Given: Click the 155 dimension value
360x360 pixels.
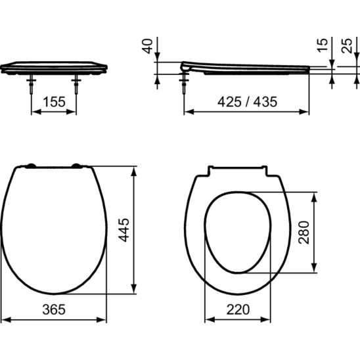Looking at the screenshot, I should click(x=54, y=102).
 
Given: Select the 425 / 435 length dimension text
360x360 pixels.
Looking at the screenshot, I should click(x=246, y=102).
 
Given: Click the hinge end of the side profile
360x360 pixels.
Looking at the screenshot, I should click(x=186, y=66).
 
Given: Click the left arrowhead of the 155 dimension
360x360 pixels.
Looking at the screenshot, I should click(x=34, y=112).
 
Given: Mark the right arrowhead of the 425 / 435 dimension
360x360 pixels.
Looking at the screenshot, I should click(x=306, y=112).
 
